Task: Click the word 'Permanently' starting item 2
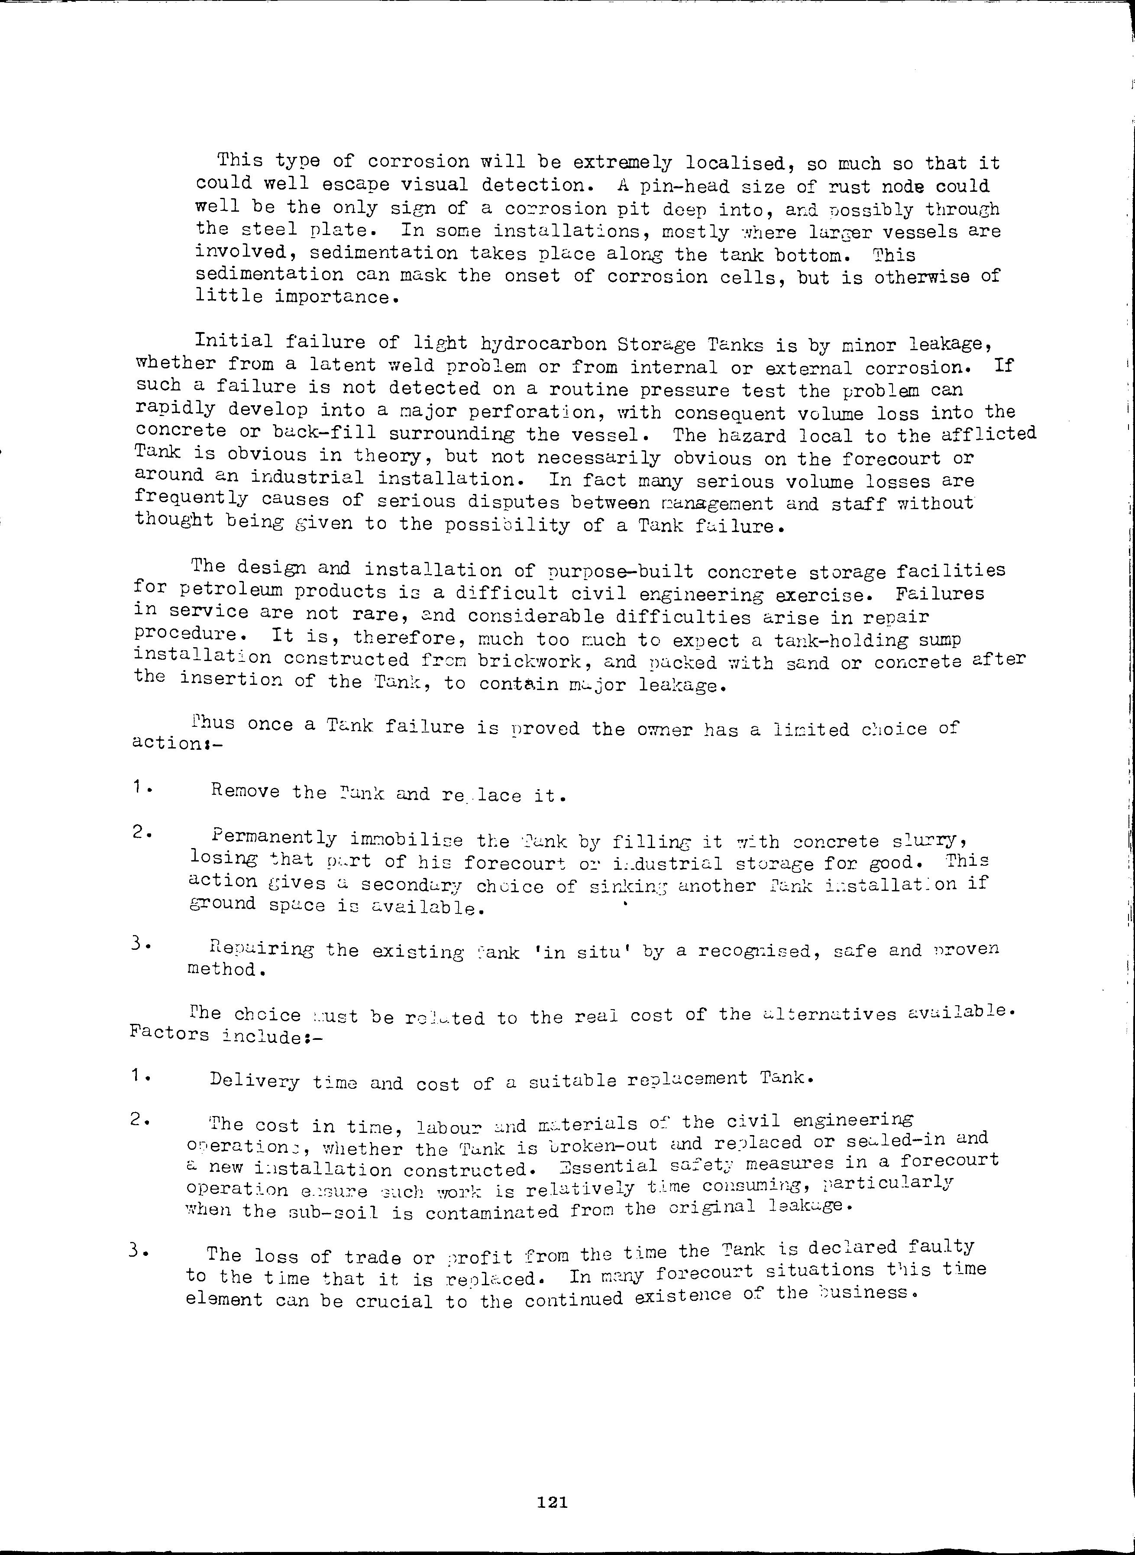click(x=275, y=839)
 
